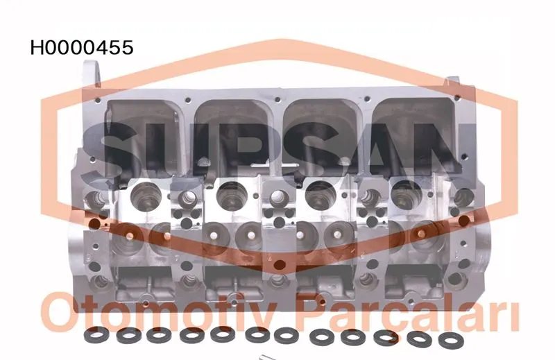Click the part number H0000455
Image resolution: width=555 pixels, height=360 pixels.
pos(82,48)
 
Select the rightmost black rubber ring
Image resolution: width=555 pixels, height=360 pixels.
pos(451,340)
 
